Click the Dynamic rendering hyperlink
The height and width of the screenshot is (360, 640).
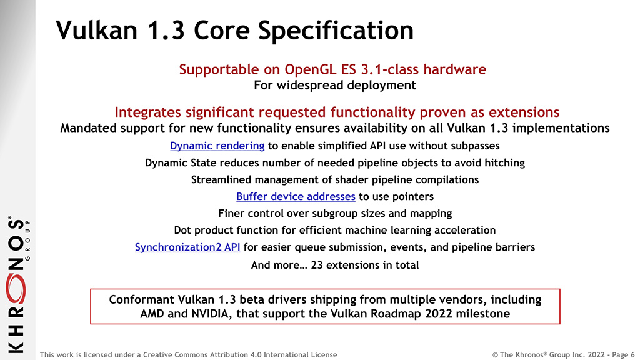217,146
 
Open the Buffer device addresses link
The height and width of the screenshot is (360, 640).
296,196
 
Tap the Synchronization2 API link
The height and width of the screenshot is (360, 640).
187,247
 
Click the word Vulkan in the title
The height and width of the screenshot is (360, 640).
97,30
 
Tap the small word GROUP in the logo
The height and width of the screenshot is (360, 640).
27,240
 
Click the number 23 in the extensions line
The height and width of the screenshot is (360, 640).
317,265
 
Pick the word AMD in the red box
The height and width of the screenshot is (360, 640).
151,314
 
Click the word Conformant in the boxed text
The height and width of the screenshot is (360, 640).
142,299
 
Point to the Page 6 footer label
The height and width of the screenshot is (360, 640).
623,355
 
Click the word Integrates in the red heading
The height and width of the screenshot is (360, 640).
148,112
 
